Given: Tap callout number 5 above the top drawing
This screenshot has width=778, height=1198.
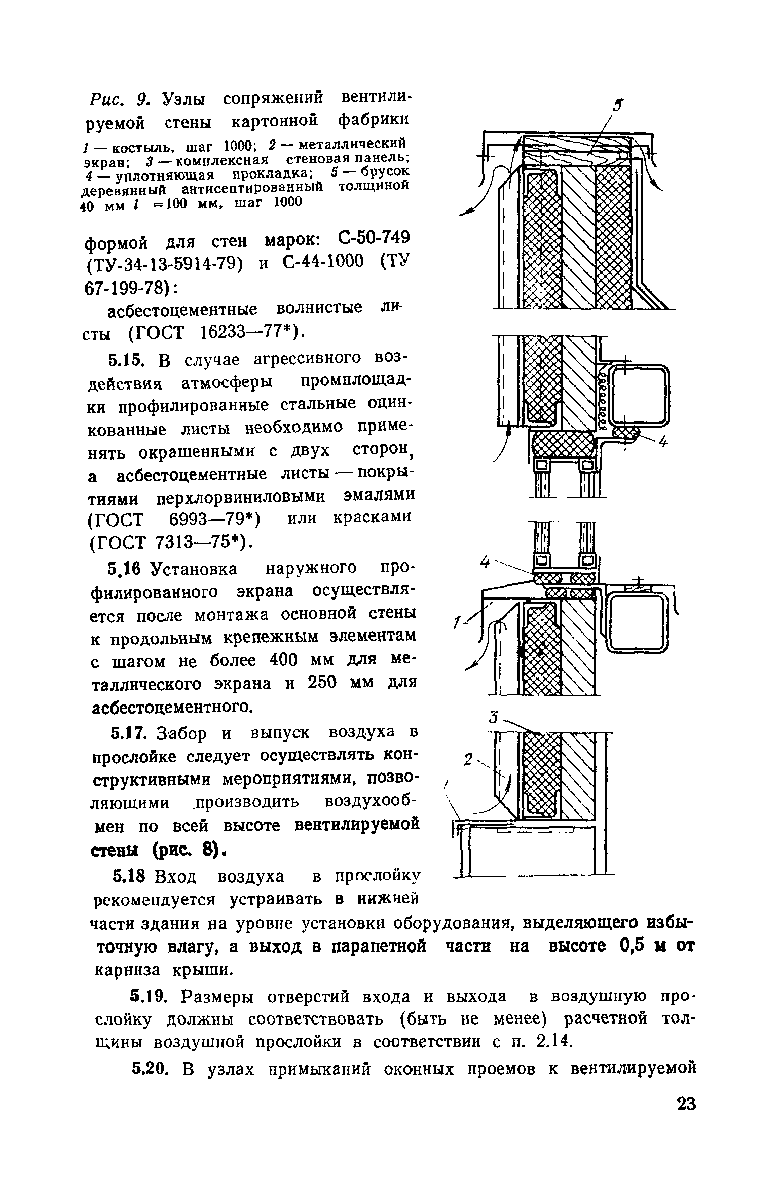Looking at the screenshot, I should (617, 105).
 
